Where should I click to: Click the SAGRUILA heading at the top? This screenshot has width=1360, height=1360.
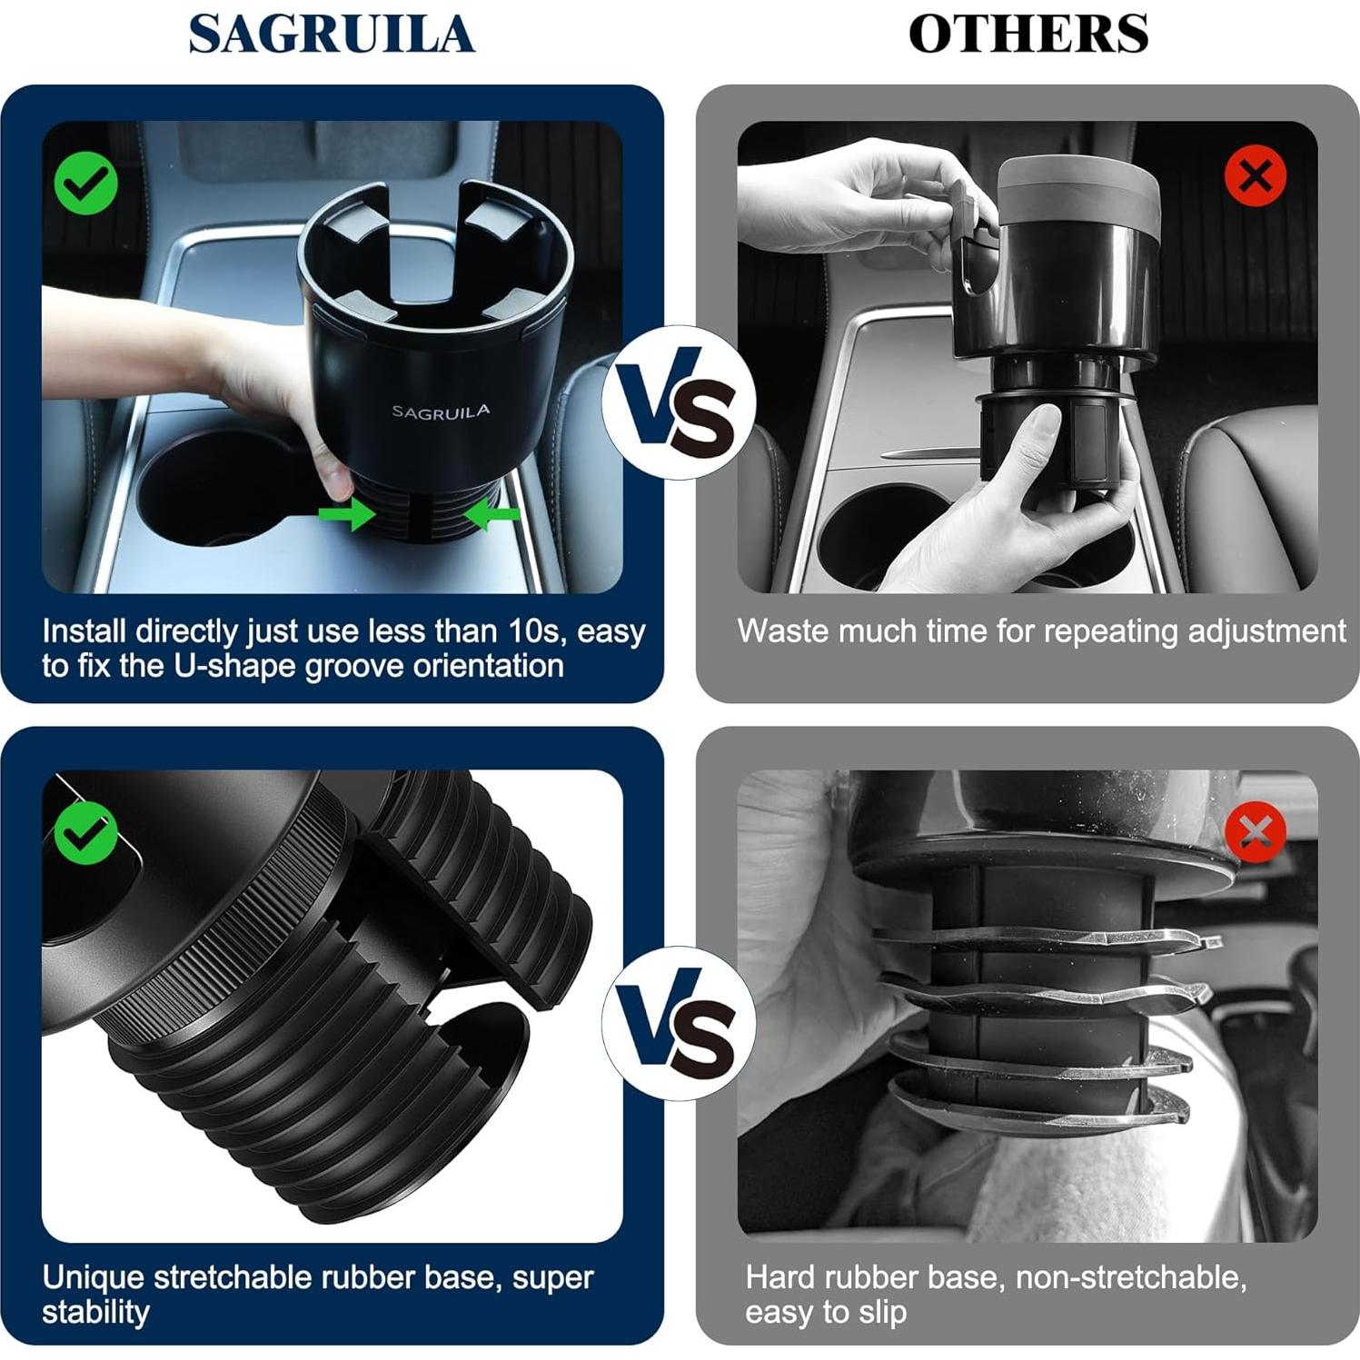click(332, 35)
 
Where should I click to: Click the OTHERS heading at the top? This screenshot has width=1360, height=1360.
click(1027, 35)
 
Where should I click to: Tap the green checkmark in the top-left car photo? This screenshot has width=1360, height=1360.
click(85, 184)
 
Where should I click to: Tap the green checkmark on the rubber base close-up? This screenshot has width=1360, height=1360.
click(85, 832)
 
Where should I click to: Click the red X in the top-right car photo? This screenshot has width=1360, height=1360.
click(1255, 175)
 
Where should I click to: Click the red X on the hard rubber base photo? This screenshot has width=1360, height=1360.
click(1255, 832)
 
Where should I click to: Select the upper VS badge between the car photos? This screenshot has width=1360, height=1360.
click(678, 402)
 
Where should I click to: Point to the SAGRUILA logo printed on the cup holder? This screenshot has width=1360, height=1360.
click(441, 412)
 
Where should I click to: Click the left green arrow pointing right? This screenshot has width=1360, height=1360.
click(347, 514)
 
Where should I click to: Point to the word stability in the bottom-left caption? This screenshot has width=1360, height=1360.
click(95, 1313)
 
